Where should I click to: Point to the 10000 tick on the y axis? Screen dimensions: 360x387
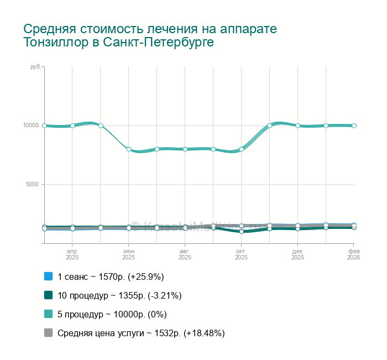[30, 126]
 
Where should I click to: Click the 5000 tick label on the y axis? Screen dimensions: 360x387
[32, 185]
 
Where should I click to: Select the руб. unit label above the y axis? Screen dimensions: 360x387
[35, 67]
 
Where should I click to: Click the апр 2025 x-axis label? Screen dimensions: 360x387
[72, 254]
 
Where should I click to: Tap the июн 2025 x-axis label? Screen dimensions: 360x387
[129, 254]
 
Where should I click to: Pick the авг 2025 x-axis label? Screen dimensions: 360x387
[185, 254]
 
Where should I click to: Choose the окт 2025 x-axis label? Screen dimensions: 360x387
[242, 254]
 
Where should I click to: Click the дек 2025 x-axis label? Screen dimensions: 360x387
[297, 254]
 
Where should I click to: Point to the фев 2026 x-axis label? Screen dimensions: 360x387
[353, 254]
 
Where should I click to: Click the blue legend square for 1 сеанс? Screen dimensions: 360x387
[48, 276]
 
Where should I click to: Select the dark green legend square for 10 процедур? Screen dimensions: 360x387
[48, 295]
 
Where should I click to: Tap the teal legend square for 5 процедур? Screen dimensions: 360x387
[48, 314]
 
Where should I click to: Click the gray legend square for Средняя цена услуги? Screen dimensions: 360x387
[48, 333]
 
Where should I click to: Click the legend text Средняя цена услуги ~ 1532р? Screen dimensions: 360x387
[141, 333]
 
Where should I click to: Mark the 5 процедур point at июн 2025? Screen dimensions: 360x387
[129, 149]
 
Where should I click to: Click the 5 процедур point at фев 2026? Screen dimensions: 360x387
[354, 126]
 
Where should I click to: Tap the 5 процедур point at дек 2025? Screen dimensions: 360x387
[297, 126]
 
